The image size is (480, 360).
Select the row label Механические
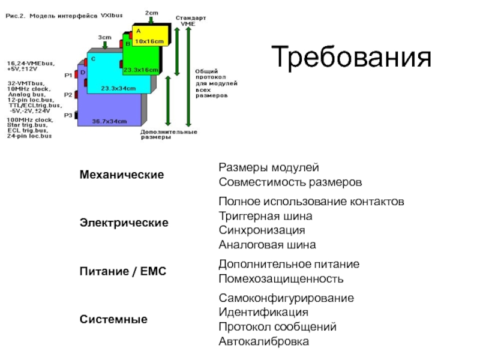pyautogui.click(x=122, y=175)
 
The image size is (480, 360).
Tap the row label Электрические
pyautogui.click(x=124, y=223)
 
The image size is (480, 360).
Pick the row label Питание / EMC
pyautogui.click(x=122, y=272)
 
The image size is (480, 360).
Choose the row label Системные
pyautogui.click(x=114, y=320)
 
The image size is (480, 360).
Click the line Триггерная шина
pyautogui.click(x=265, y=215)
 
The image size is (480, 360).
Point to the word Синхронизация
pyautogui.click(x=262, y=230)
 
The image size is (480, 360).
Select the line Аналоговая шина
pyautogui.click(x=266, y=245)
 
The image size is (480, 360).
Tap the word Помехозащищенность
pyautogui.click(x=281, y=279)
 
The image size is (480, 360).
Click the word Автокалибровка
pyautogui.click(x=264, y=342)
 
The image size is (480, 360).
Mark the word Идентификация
pyautogui.click(x=263, y=313)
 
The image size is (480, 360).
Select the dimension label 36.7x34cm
pyautogui.click(x=109, y=121)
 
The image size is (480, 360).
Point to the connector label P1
pyautogui.click(x=68, y=75)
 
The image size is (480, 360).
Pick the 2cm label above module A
pyautogui.click(x=152, y=11)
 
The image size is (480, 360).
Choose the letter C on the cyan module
pyautogui.click(x=92, y=58)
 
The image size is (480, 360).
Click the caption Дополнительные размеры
pyautogui.click(x=168, y=134)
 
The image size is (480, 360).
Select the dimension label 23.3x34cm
pyautogui.click(x=118, y=88)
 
